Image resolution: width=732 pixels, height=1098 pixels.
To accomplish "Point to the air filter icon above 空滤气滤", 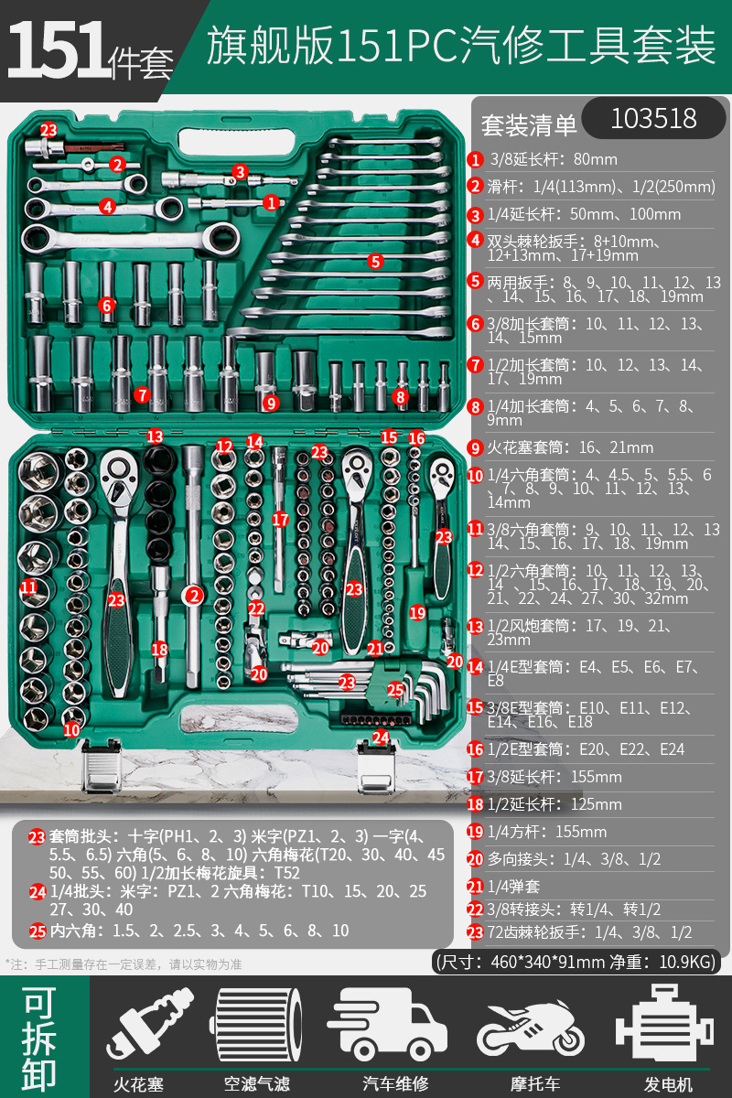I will [x=257, y=1027].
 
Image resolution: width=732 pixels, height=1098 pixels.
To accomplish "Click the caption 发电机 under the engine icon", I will [x=668, y=1084].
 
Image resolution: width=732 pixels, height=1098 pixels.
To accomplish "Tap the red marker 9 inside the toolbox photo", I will [x=269, y=402].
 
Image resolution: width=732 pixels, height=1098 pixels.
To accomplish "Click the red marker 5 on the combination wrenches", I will [x=374, y=261].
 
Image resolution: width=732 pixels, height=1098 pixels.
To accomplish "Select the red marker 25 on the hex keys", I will [x=395, y=690].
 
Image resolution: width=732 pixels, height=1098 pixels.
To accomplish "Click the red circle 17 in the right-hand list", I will [x=475, y=777].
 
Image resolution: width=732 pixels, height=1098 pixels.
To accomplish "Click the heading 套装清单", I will [x=529, y=124].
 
